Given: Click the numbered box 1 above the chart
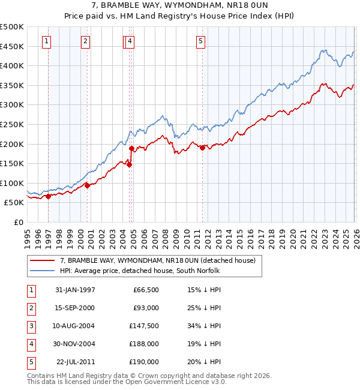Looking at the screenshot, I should click(x=47, y=41).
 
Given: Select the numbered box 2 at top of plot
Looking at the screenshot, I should click(x=86, y=41).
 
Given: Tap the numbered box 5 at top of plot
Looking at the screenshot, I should click(x=200, y=41).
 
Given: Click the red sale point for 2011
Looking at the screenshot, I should click(x=202, y=148).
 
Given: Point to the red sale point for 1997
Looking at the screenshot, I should click(x=48, y=196).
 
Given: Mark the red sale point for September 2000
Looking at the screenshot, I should click(x=87, y=185).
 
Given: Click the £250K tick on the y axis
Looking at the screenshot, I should click(x=12, y=124).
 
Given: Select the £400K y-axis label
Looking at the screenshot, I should click(x=12, y=65).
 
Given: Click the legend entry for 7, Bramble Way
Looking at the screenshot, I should click(x=157, y=260).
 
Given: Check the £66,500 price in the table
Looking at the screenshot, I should click(x=145, y=290).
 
